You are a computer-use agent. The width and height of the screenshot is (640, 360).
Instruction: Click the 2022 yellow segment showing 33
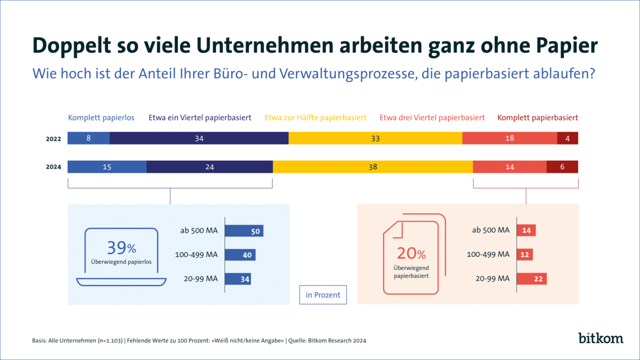(375, 138)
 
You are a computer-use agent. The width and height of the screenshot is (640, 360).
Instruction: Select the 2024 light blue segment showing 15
(107, 167)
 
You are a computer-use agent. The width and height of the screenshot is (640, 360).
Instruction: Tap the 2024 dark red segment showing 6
(562, 167)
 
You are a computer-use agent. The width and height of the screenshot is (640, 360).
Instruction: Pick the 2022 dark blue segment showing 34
(199, 138)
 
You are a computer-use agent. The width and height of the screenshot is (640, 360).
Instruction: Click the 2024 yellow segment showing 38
(372, 167)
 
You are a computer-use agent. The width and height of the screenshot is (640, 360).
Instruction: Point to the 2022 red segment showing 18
(509, 138)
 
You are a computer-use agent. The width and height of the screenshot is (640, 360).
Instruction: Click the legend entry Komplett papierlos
(101, 118)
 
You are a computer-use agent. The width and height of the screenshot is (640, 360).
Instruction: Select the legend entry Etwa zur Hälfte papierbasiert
(315, 118)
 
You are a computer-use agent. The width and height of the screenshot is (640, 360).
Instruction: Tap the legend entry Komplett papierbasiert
(537, 118)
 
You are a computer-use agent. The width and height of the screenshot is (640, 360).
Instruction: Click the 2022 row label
(53, 139)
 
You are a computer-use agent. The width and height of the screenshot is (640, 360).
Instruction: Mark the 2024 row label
(53, 167)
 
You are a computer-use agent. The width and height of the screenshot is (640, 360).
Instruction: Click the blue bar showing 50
(244, 230)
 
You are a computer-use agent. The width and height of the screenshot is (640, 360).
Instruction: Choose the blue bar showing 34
(238, 279)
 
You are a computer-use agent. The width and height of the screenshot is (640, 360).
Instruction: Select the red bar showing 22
(531, 279)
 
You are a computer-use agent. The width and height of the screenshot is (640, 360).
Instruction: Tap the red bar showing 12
(524, 254)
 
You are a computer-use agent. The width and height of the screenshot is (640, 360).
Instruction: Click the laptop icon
(121, 257)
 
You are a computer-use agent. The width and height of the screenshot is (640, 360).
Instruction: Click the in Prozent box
(323, 295)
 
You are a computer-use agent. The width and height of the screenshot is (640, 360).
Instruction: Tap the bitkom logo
(601, 338)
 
